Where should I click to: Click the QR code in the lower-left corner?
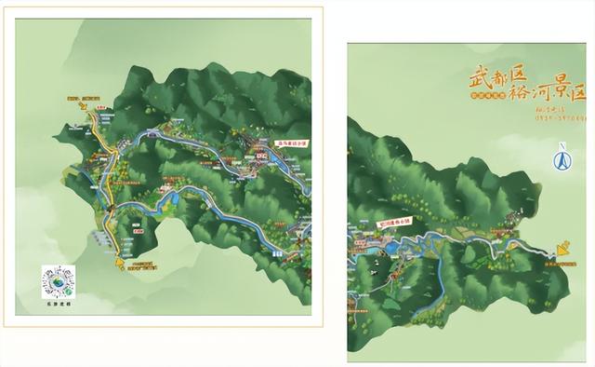tap(57, 281)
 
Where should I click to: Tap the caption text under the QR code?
tap(57, 303)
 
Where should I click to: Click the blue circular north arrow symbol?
tap(562, 161)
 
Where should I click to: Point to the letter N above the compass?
tap(562, 145)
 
